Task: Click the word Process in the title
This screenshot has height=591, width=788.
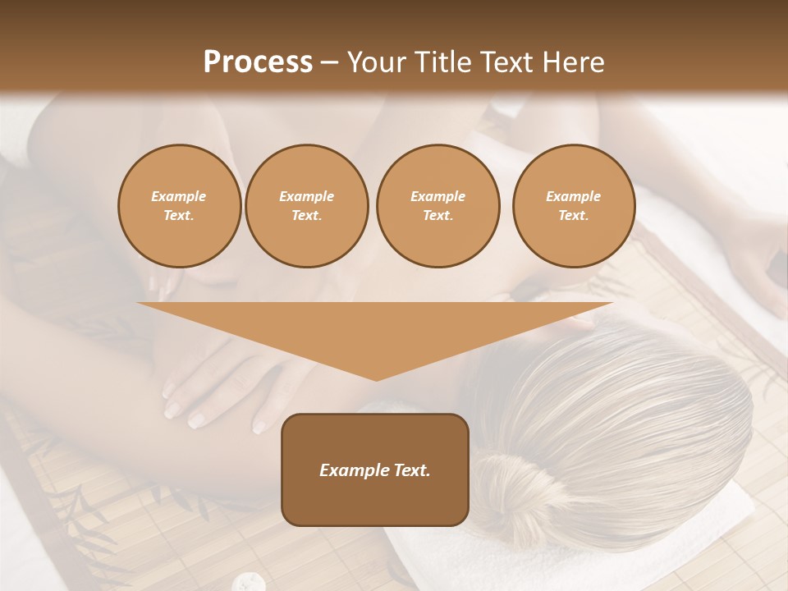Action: (x=258, y=62)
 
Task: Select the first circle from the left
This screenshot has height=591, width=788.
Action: (x=179, y=206)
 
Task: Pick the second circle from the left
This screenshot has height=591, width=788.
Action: (x=306, y=206)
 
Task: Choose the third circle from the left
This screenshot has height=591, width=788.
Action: (x=438, y=206)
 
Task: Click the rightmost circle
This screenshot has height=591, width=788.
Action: (x=573, y=206)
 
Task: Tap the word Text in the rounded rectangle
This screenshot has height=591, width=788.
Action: (x=411, y=470)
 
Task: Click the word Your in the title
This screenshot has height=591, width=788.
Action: (x=374, y=62)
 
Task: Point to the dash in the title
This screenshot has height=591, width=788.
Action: (x=330, y=63)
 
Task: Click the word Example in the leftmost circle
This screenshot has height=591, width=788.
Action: (x=179, y=197)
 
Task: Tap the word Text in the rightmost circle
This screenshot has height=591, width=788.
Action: (x=573, y=216)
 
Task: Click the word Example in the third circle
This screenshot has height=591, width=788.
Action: (x=438, y=197)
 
